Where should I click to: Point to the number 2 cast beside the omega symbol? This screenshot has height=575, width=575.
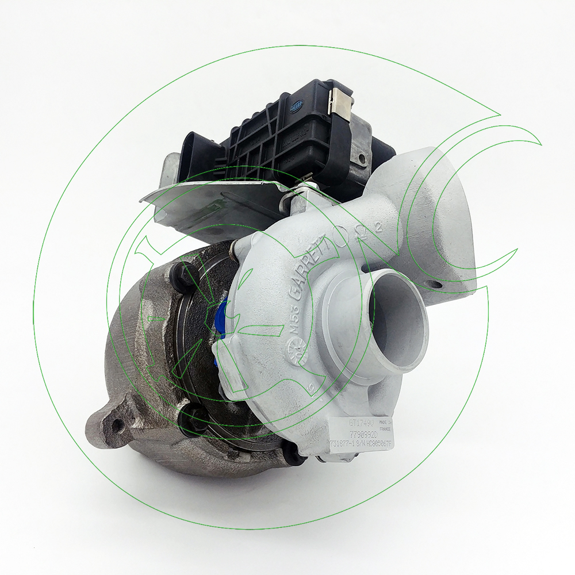click(378, 227)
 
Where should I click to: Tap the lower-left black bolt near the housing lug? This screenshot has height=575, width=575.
click(190, 417)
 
